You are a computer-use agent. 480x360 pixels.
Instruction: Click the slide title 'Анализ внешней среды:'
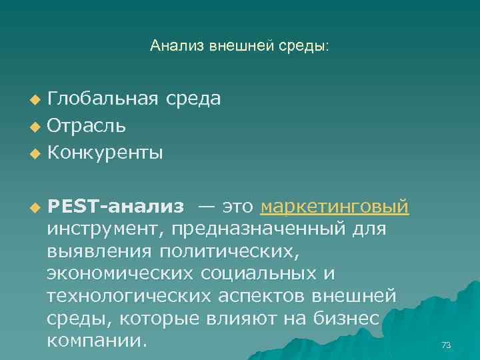[239, 46]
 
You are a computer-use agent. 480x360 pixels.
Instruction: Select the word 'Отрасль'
[87, 126]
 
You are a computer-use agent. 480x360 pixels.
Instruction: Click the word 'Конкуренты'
[105, 153]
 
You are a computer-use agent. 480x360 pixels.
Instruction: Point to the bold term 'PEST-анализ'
[115, 207]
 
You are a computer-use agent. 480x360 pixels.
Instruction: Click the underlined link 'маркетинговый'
[335, 207]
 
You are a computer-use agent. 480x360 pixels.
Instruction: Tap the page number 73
[446, 345]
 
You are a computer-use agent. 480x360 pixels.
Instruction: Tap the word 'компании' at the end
[94, 341]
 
